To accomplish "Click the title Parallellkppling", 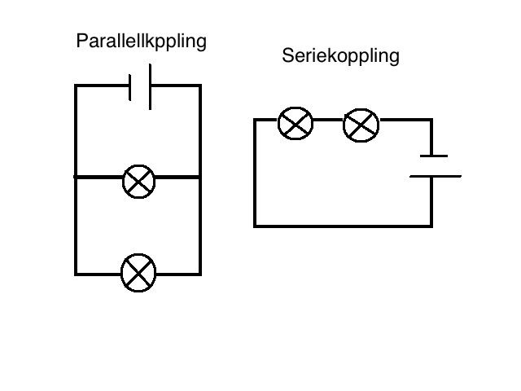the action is tap(141, 42).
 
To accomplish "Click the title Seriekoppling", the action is tap(340, 56).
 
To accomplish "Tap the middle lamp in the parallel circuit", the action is tap(139, 182).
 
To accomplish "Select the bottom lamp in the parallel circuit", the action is tap(138, 273).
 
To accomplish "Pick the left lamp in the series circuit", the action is tap(296, 123).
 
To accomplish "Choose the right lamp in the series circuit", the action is tap(361, 125).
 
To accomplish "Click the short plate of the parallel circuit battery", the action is tap(130, 87).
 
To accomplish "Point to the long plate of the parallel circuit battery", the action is tap(150, 87).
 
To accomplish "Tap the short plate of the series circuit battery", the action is tap(434, 156).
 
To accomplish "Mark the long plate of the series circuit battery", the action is tap(436, 176).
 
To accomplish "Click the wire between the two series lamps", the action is tap(328, 120).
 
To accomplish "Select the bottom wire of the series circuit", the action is tap(343, 226).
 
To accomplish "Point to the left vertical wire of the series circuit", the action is tap(255, 173).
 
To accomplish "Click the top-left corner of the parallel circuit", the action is tap(76, 86).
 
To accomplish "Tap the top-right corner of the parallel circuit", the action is tap(200, 86).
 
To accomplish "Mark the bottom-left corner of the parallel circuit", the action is tap(76, 275).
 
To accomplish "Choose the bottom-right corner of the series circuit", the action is tap(431, 226).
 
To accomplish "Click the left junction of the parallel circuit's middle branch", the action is tap(76, 178).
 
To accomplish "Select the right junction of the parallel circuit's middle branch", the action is tap(200, 178).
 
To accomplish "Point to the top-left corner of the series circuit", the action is tap(255, 120).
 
